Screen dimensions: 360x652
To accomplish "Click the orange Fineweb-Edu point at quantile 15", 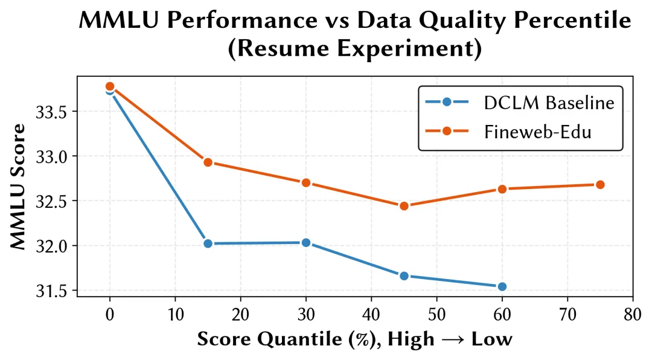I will [208, 162].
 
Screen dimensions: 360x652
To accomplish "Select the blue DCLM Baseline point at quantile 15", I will [208, 243].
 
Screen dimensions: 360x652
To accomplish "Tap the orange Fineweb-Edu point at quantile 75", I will [600, 184].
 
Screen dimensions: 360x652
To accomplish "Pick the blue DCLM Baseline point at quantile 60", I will [502, 286].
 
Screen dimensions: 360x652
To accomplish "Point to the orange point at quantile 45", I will [404, 206].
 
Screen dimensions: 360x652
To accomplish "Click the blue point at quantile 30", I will [305, 243].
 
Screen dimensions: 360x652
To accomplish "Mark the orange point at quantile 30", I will [305, 182].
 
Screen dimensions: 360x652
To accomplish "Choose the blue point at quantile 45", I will [404, 276].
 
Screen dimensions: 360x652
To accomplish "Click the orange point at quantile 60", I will [502, 189].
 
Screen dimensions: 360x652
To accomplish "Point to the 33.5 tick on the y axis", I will [54, 112].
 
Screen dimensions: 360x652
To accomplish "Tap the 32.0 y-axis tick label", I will [54, 246].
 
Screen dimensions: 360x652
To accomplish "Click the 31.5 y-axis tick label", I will [54, 291].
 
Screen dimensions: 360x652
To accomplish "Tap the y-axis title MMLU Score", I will [19, 186].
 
